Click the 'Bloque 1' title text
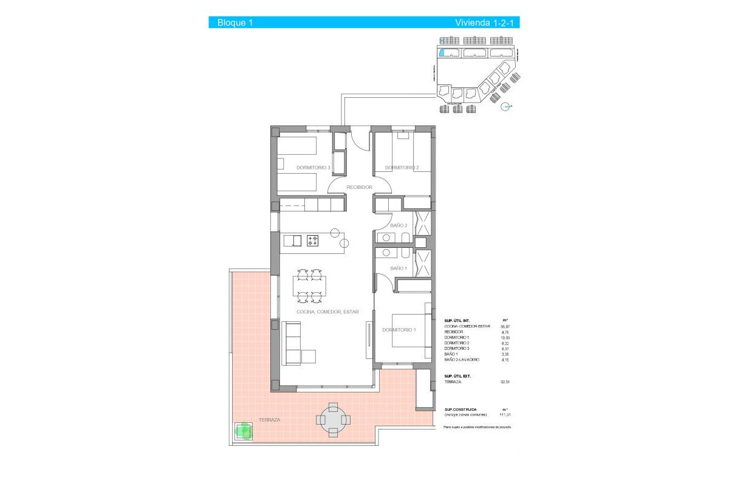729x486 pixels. [x=234, y=23]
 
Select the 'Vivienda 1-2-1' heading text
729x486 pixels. [x=487, y=23]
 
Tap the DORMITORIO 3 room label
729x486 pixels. [x=313, y=168]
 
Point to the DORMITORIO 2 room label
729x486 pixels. [x=402, y=168]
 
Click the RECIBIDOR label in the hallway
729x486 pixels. [x=359, y=187]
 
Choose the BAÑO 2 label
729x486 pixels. [x=399, y=225]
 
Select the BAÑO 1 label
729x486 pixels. [x=398, y=268]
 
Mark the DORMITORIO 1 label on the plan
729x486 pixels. [x=399, y=330]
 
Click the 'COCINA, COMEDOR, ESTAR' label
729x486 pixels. [x=327, y=312]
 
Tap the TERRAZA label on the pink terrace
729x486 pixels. [x=270, y=420]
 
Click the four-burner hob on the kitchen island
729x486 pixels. [x=313, y=241]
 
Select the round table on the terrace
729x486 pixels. [x=333, y=419]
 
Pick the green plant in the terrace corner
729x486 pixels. [x=245, y=431]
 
